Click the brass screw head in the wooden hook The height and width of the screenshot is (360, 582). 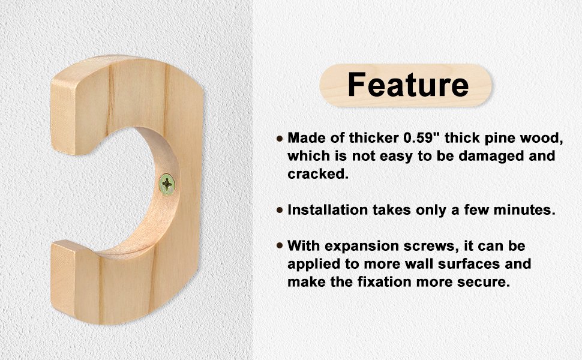(167, 184)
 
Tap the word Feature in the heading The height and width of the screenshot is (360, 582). (408, 85)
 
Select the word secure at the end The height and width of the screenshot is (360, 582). (484, 282)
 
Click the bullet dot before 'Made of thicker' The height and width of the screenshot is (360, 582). (280, 139)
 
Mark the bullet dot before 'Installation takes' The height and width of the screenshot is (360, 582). (280, 211)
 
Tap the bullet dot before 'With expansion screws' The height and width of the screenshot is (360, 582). (280, 246)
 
